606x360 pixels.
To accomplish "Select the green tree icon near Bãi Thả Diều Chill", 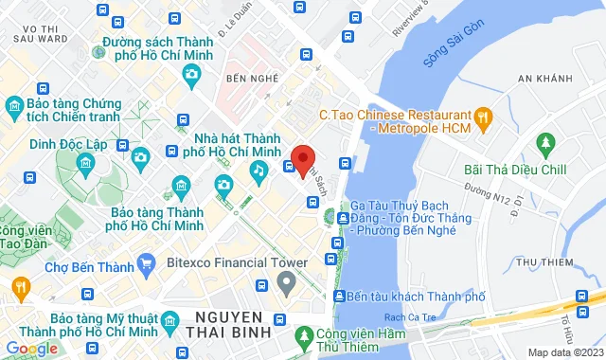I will [x=545, y=144].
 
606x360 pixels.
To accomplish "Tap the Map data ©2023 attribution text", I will [x=563, y=352].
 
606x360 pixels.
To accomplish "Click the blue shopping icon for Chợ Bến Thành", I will [x=146, y=262].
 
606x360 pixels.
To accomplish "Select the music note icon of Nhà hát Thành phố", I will [x=257, y=170].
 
